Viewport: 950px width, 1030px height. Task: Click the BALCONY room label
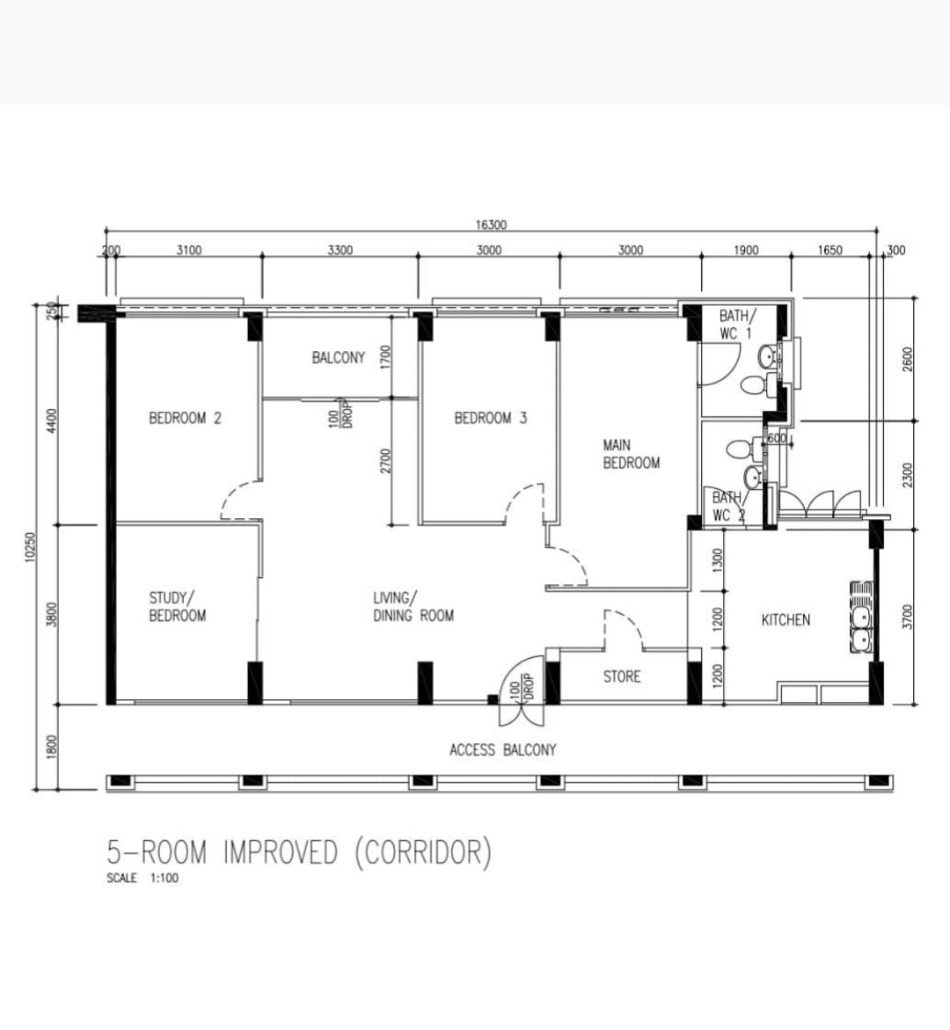(338, 358)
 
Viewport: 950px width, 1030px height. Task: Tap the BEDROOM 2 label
(185, 418)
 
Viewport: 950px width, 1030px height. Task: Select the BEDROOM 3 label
(490, 418)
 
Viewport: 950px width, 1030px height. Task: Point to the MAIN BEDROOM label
(631, 454)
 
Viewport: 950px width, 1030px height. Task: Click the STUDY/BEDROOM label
(177, 607)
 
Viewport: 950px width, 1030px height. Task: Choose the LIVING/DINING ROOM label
(413, 607)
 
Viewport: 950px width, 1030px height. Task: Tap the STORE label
(621, 676)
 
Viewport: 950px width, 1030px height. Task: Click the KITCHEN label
(786, 620)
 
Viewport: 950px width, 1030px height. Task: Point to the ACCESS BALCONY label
(502, 750)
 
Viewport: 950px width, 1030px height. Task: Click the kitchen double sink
(860, 617)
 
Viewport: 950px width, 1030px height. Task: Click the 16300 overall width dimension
(491, 225)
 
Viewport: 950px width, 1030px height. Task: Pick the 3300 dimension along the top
(340, 251)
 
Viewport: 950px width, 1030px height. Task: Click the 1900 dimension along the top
(745, 251)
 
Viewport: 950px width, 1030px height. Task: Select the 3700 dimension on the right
(908, 616)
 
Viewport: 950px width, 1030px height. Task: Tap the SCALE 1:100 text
(142, 878)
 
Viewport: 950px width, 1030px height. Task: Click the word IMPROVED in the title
(281, 852)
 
